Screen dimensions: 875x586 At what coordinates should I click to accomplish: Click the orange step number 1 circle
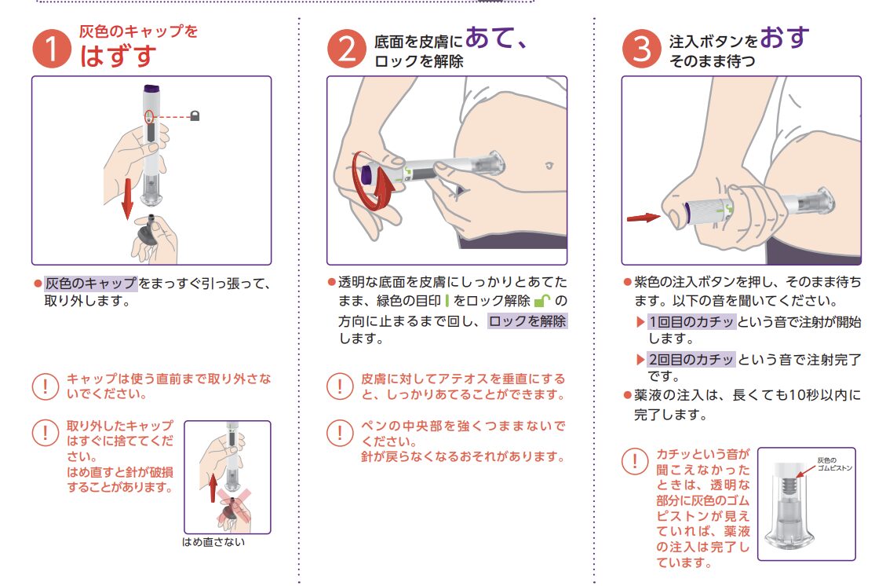(52, 49)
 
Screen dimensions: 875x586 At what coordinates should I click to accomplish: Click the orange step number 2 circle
(347, 49)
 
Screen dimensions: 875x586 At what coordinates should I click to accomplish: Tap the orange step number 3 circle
(642, 49)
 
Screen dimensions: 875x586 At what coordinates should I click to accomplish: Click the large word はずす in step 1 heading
(118, 56)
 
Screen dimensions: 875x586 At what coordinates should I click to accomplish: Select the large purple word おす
(785, 37)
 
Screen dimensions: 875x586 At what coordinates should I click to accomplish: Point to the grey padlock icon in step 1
(195, 115)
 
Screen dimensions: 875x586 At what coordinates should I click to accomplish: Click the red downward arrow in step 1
(128, 198)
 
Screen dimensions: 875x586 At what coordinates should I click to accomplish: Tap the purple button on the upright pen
(151, 88)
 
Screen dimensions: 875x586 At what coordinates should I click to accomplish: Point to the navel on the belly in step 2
(549, 166)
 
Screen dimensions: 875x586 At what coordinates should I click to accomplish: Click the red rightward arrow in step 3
(643, 218)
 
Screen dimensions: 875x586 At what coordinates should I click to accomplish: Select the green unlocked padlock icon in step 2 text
(541, 301)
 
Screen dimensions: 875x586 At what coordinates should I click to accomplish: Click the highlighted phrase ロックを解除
(527, 320)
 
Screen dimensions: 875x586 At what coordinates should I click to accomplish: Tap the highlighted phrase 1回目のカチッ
(691, 322)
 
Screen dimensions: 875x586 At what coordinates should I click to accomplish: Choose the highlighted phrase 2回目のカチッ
(691, 359)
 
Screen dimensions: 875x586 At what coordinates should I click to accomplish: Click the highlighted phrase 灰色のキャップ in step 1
(91, 284)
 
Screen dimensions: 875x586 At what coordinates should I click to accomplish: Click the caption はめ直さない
(213, 542)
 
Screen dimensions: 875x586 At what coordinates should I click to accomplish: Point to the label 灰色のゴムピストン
(834, 464)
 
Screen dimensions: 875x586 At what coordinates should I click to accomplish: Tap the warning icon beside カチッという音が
(635, 462)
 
